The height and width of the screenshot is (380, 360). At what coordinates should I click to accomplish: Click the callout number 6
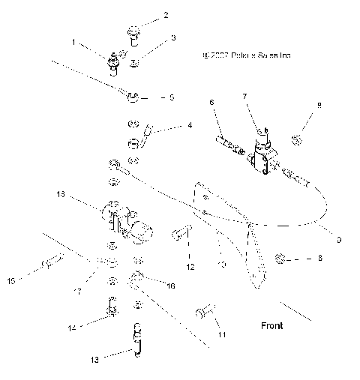click(212, 102)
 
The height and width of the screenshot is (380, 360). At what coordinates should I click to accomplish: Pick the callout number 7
click(244, 96)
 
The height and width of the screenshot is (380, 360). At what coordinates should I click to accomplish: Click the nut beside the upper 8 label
click(297, 139)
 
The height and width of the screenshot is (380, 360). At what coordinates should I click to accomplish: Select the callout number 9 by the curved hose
click(339, 240)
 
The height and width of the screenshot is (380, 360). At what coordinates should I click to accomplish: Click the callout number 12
click(190, 266)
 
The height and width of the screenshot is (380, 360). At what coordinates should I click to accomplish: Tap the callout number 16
click(171, 286)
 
